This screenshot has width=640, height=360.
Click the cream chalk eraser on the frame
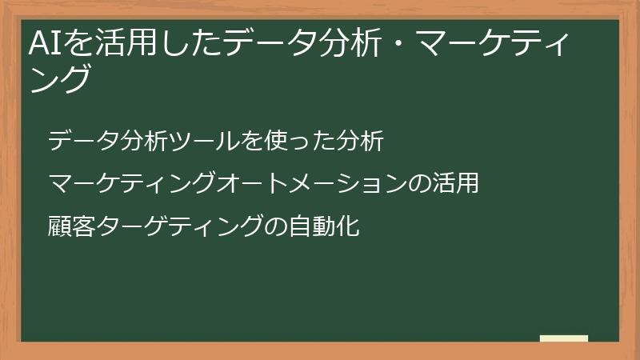564,338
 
